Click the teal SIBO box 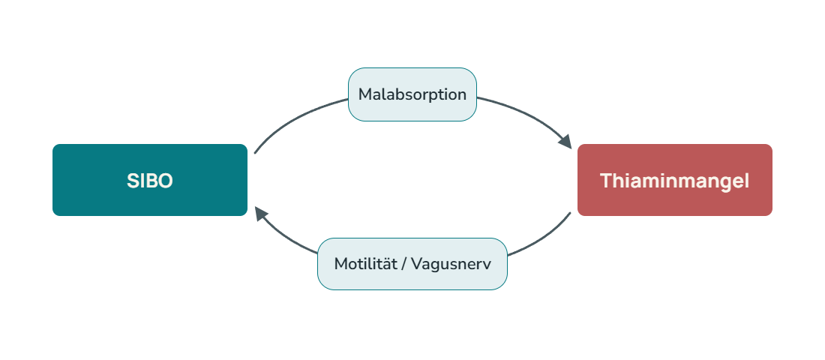click(x=150, y=180)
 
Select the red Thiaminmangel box click(x=675, y=180)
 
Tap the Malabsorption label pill click(x=412, y=94)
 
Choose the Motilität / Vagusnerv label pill click(x=412, y=264)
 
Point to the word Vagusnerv click(x=451, y=264)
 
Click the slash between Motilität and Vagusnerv click(x=403, y=264)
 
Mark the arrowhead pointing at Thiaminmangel click(x=565, y=142)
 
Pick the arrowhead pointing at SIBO click(x=262, y=214)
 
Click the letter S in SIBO click(x=132, y=181)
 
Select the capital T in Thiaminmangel click(x=606, y=181)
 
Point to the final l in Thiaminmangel click(x=746, y=181)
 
